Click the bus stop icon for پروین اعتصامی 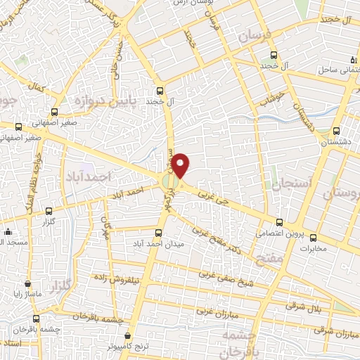pyautogui.click(x=279, y=222)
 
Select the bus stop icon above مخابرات pyautogui.click(x=314, y=237)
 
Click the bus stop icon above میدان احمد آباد pyautogui.click(x=159, y=232)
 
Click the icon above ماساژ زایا pyautogui.click(x=27, y=285)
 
